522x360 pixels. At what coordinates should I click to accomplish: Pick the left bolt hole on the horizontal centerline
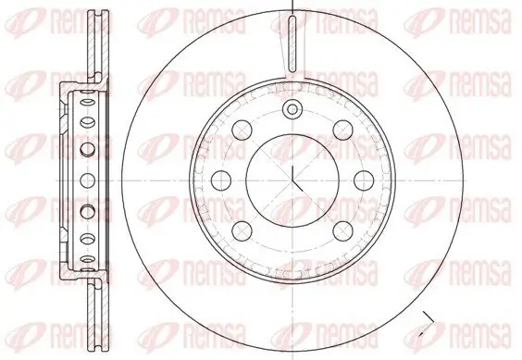[221, 178]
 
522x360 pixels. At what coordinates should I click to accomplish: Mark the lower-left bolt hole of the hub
[242, 229]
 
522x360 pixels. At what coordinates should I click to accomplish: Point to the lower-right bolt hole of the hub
[342, 229]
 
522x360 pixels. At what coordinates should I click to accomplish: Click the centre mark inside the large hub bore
[292, 178]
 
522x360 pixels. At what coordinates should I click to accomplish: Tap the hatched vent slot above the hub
[292, 46]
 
